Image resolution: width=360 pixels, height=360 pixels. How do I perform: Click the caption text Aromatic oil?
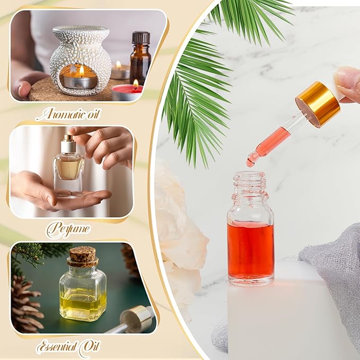pyautogui.click(x=68, y=113)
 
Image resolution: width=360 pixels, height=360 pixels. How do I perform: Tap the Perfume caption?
pyautogui.click(x=67, y=230)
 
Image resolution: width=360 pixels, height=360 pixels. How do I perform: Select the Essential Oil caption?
pyautogui.click(x=68, y=347)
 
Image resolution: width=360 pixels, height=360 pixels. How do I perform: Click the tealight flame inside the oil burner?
pyautogui.click(x=81, y=71)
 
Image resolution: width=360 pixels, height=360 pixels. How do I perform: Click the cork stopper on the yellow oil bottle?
pyautogui.click(x=82, y=256)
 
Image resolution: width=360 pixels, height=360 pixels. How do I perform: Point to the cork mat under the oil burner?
pyautogui.click(x=45, y=90)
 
